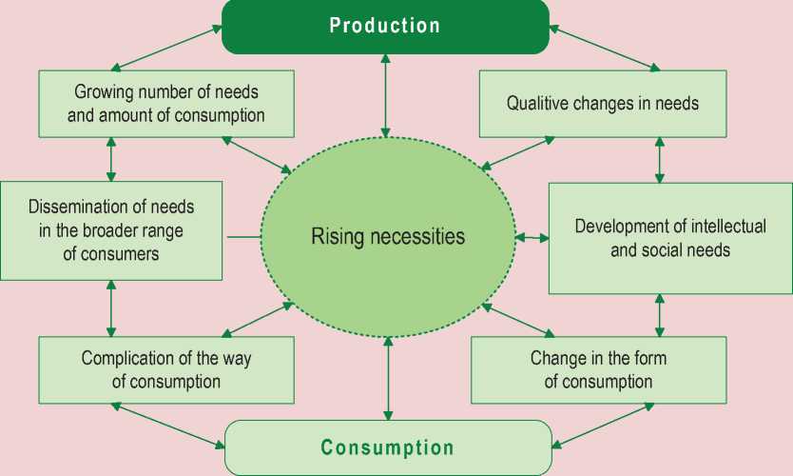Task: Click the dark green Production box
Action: click(385, 26)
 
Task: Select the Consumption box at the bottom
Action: click(388, 447)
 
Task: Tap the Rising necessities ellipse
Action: click(388, 236)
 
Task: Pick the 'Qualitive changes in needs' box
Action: click(602, 103)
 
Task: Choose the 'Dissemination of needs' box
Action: click(111, 230)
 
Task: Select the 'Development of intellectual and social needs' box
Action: click(670, 238)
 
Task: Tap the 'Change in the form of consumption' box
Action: click(598, 370)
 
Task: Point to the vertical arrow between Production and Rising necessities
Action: click(385, 95)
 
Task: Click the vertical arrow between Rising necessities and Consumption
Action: click(388, 379)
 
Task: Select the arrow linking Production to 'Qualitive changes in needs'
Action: click(604, 48)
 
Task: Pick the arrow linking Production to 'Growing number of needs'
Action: click(167, 48)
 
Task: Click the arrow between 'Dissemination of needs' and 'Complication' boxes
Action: click(112, 307)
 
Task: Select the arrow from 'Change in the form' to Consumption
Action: click(603, 425)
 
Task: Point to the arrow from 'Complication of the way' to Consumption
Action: click(169, 425)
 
